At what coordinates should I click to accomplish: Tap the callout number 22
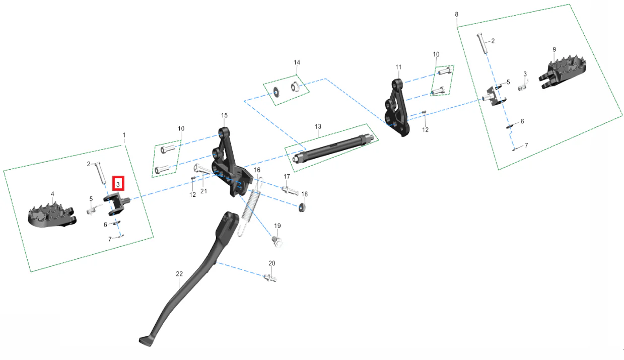coord(179,274)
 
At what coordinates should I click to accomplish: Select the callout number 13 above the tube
coord(318,127)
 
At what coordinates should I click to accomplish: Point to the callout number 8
coord(456,14)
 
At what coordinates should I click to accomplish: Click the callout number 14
coord(297,62)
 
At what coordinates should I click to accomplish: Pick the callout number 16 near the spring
coord(257,170)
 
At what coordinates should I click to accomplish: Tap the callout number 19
coord(277,226)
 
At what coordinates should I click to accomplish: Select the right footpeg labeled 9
coord(562,71)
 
